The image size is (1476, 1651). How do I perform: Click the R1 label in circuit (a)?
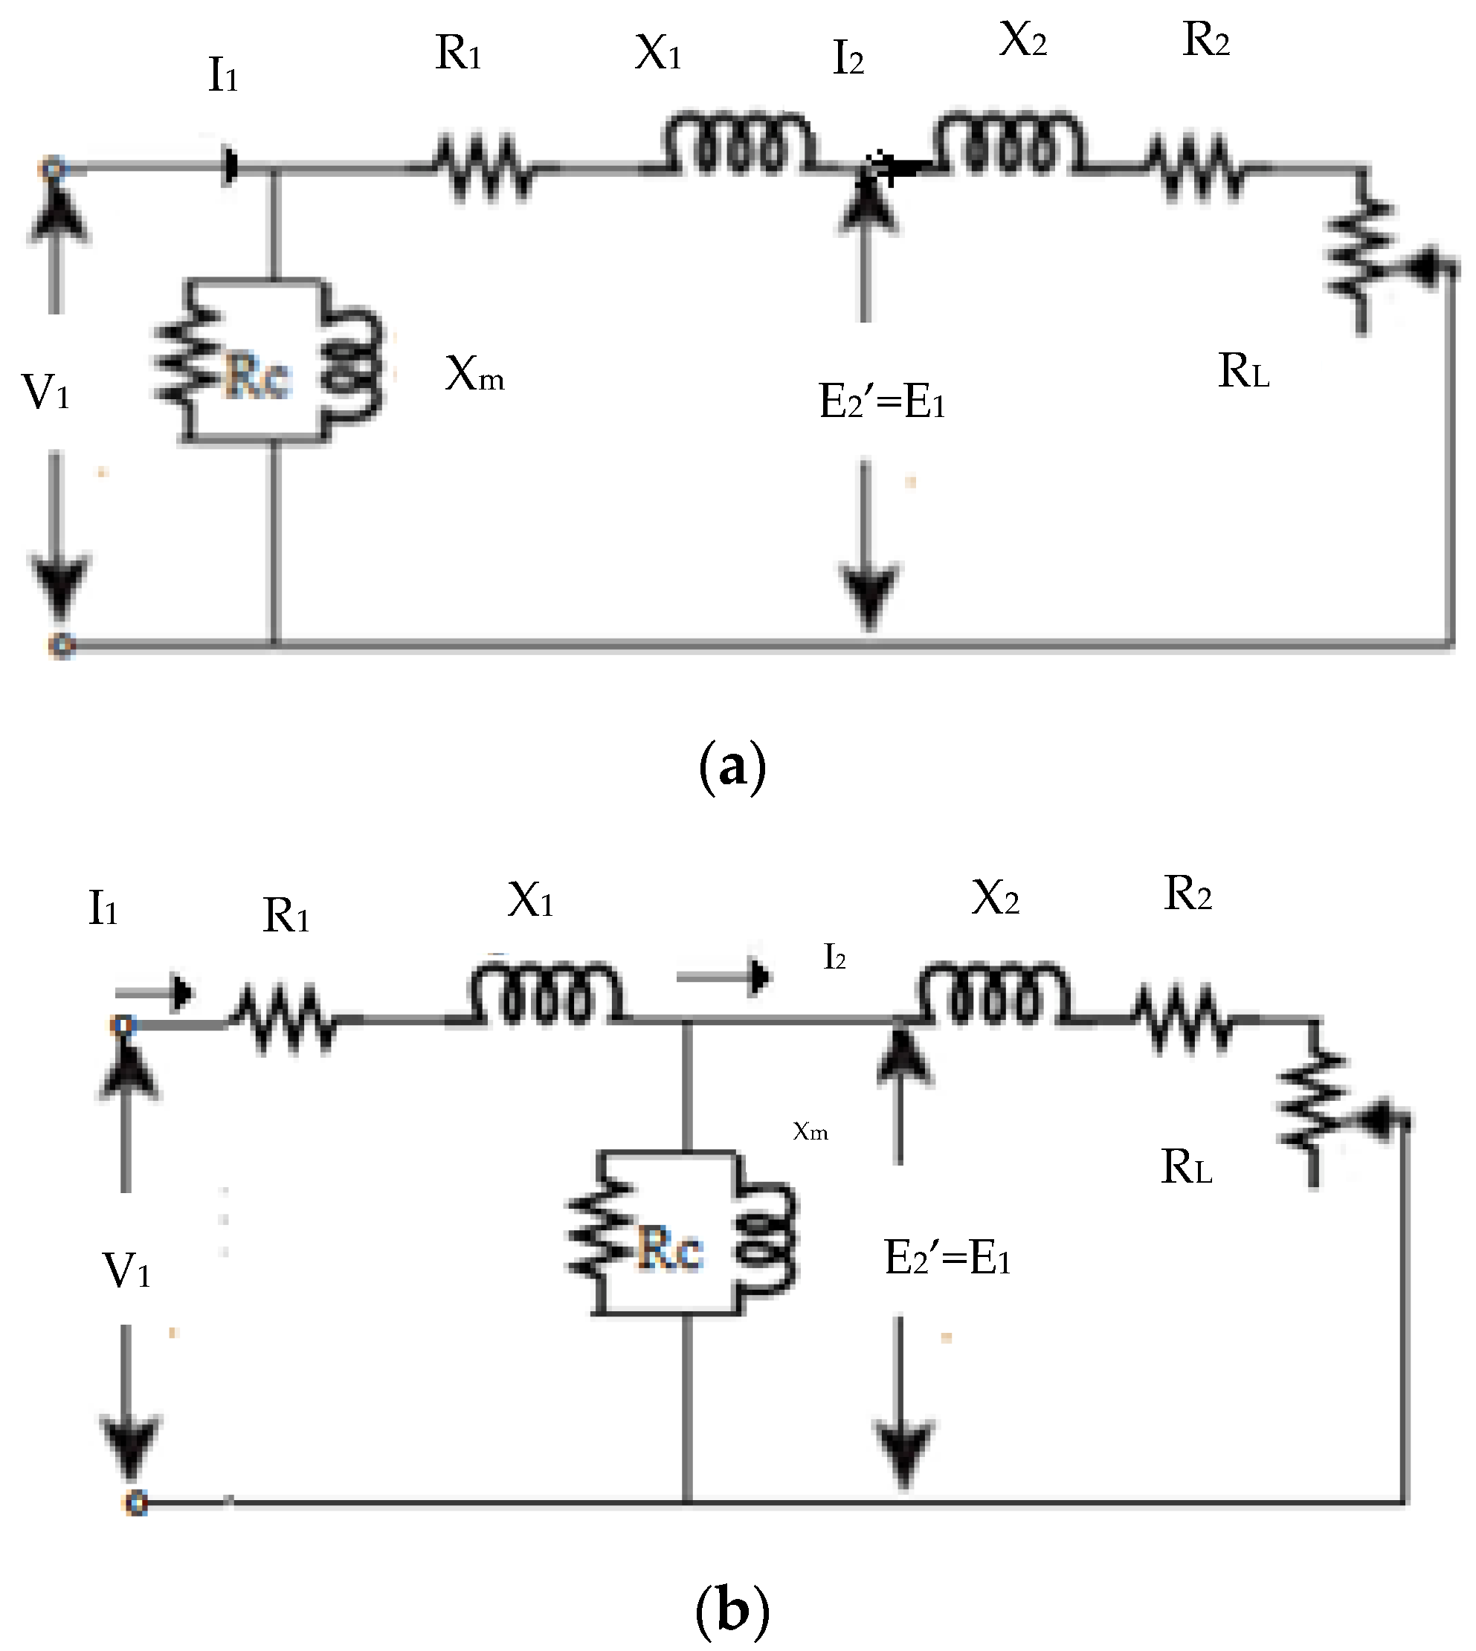tap(458, 54)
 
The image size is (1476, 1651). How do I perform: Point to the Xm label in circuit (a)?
tap(474, 375)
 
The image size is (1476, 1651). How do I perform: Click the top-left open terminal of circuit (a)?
tap(54, 169)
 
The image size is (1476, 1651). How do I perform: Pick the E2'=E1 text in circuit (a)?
tap(883, 401)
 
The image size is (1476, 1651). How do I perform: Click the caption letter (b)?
tap(732, 1609)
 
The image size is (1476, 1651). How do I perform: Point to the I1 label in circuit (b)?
tap(103, 908)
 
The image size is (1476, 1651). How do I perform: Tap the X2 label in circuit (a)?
tap(1022, 39)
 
